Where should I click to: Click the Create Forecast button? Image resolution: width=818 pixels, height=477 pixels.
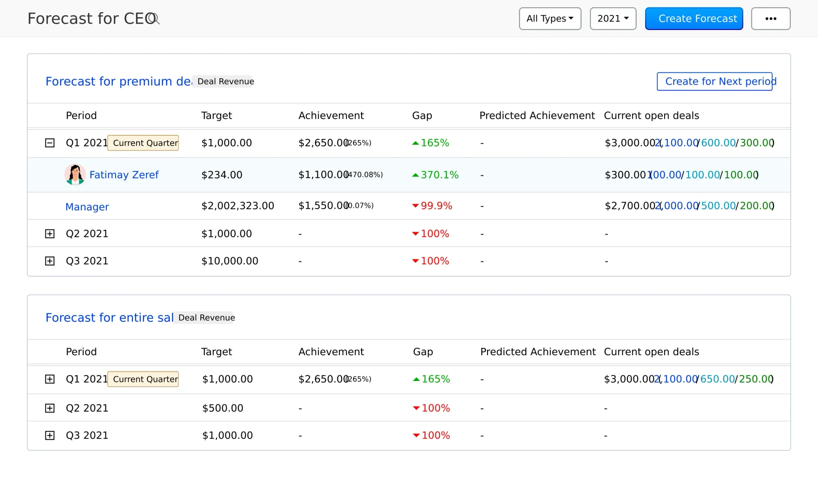[694, 19]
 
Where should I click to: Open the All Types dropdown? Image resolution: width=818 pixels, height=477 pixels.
[550, 19]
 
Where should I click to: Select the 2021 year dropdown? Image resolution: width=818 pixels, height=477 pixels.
[613, 19]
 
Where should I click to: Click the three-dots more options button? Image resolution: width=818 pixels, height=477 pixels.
[771, 19]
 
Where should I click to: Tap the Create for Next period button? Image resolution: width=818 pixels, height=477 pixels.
[714, 81]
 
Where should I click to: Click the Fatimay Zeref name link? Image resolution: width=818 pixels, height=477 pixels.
[124, 175]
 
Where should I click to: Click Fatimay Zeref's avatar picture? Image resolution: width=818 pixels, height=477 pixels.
[75, 175]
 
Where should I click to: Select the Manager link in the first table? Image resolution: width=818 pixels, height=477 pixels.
[87, 207]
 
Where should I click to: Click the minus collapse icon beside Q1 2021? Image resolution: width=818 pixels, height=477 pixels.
[49, 143]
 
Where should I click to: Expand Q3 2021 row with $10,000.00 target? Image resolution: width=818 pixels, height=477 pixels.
[49, 261]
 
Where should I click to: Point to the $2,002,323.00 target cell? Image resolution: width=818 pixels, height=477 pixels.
[237, 206]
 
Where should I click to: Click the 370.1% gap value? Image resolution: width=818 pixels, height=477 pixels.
[439, 175]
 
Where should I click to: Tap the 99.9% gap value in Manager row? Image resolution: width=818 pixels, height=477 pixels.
[436, 206]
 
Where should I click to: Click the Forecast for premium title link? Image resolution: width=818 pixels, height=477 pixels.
[118, 81]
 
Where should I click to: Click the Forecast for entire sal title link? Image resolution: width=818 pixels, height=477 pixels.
[109, 318]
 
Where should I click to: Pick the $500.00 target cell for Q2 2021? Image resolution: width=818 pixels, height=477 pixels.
[222, 408]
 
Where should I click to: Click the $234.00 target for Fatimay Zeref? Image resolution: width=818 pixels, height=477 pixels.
[222, 175]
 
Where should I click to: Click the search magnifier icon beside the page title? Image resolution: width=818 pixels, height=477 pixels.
[155, 19]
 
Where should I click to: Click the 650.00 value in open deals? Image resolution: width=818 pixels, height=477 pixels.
[717, 379]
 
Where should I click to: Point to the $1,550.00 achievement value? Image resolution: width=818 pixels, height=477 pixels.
[323, 206]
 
